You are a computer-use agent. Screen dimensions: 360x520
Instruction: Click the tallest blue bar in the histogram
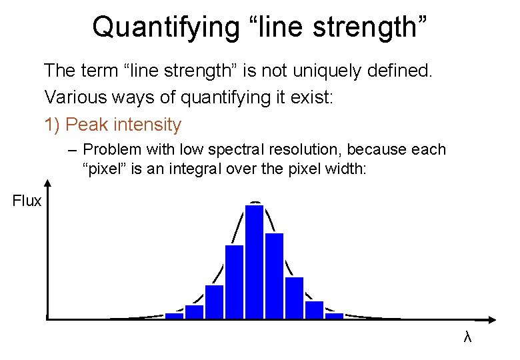click(x=254, y=261)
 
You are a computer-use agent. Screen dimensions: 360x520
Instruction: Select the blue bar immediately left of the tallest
click(x=234, y=281)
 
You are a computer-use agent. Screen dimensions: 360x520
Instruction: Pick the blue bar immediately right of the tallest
click(x=274, y=275)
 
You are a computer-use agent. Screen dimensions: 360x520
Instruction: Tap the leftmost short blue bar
click(x=174, y=315)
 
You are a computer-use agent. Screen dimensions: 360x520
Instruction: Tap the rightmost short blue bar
click(x=334, y=315)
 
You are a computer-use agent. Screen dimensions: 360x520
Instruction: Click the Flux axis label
click(x=27, y=201)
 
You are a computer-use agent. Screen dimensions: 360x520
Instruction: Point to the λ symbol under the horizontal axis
click(x=467, y=338)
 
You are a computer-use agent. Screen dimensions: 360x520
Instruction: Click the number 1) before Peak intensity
click(x=53, y=125)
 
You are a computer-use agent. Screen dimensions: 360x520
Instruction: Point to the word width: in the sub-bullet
click(x=343, y=169)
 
